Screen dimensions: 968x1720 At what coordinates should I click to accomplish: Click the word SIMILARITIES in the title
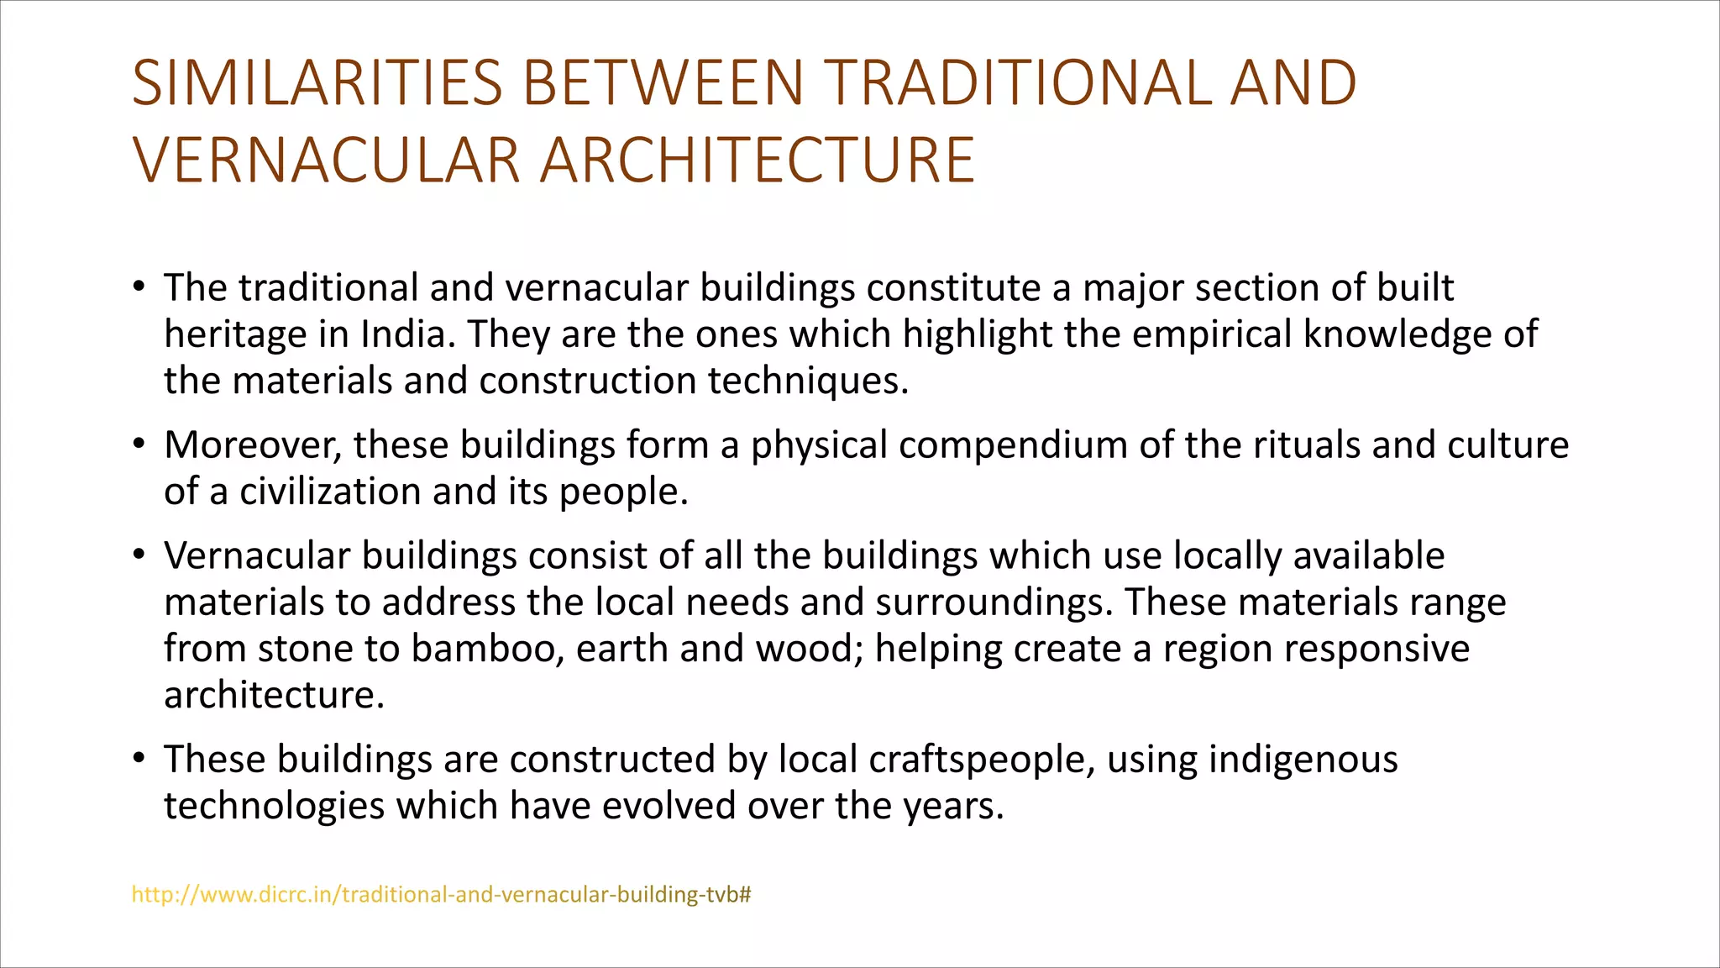coord(317,83)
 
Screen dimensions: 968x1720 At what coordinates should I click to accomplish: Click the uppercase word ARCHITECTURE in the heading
coord(757,160)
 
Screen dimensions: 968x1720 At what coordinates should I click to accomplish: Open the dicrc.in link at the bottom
coord(441,895)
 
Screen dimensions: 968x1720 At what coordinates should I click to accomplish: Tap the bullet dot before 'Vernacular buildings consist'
coord(139,555)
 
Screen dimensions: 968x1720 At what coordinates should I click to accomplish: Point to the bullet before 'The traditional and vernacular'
coord(139,287)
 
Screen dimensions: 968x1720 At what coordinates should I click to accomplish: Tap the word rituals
coord(1306,445)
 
